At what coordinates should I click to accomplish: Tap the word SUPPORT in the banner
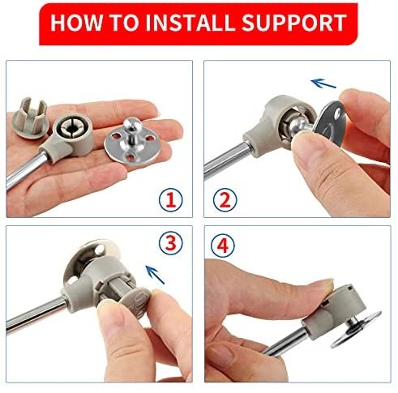(294, 23)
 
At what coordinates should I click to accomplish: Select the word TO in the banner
(123, 23)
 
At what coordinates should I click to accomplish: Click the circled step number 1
(170, 200)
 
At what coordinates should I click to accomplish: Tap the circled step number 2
(225, 200)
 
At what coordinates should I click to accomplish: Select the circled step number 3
(170, 243)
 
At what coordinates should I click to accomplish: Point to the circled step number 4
(223, 246)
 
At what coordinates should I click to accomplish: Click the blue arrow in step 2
(323, 83)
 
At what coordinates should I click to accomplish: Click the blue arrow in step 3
(155, 275)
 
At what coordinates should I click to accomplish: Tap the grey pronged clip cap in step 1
(29, 118)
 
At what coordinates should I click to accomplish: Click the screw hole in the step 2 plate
(337, 115)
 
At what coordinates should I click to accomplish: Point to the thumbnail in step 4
(327, 286)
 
